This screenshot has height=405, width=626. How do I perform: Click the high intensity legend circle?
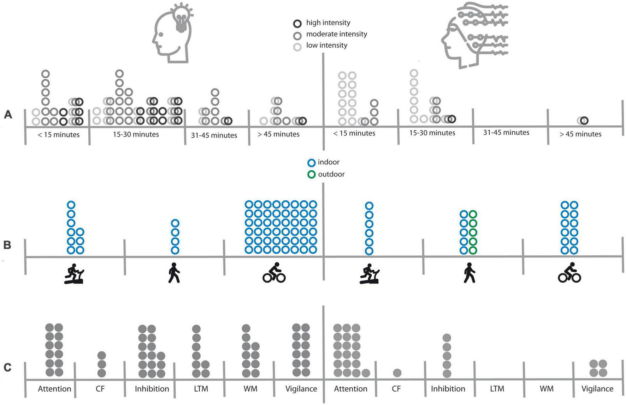pos(297,24)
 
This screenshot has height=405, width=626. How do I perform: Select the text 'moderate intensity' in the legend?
pos(336,34)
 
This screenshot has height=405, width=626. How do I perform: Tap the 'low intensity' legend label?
pos(326,46)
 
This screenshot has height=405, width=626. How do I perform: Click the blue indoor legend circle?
pos(311,163)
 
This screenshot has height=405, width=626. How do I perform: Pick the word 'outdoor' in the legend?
pos(331,174)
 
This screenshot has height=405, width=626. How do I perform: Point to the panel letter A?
pos(8,115)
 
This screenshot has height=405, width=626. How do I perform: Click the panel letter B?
pos(7,245)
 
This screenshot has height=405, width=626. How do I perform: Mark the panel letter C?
pos(7,368)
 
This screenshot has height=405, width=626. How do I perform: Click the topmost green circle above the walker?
pos(473,214)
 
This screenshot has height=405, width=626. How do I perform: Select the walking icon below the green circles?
pos(469,273)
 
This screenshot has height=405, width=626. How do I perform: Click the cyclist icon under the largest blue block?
pos(274,273)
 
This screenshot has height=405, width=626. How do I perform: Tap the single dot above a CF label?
pos(397,373)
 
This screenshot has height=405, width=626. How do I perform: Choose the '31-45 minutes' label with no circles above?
pos(506,133)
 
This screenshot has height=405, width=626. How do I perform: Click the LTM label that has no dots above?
pos(497,389)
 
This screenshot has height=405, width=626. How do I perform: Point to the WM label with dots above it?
pos(250,389)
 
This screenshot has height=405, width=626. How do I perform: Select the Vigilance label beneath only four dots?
pos(597,389)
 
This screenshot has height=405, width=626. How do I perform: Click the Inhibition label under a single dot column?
pos(448,389)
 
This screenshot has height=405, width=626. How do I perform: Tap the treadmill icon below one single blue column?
pos(370,274)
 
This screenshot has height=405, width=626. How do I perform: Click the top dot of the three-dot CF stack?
pos(101,355)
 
